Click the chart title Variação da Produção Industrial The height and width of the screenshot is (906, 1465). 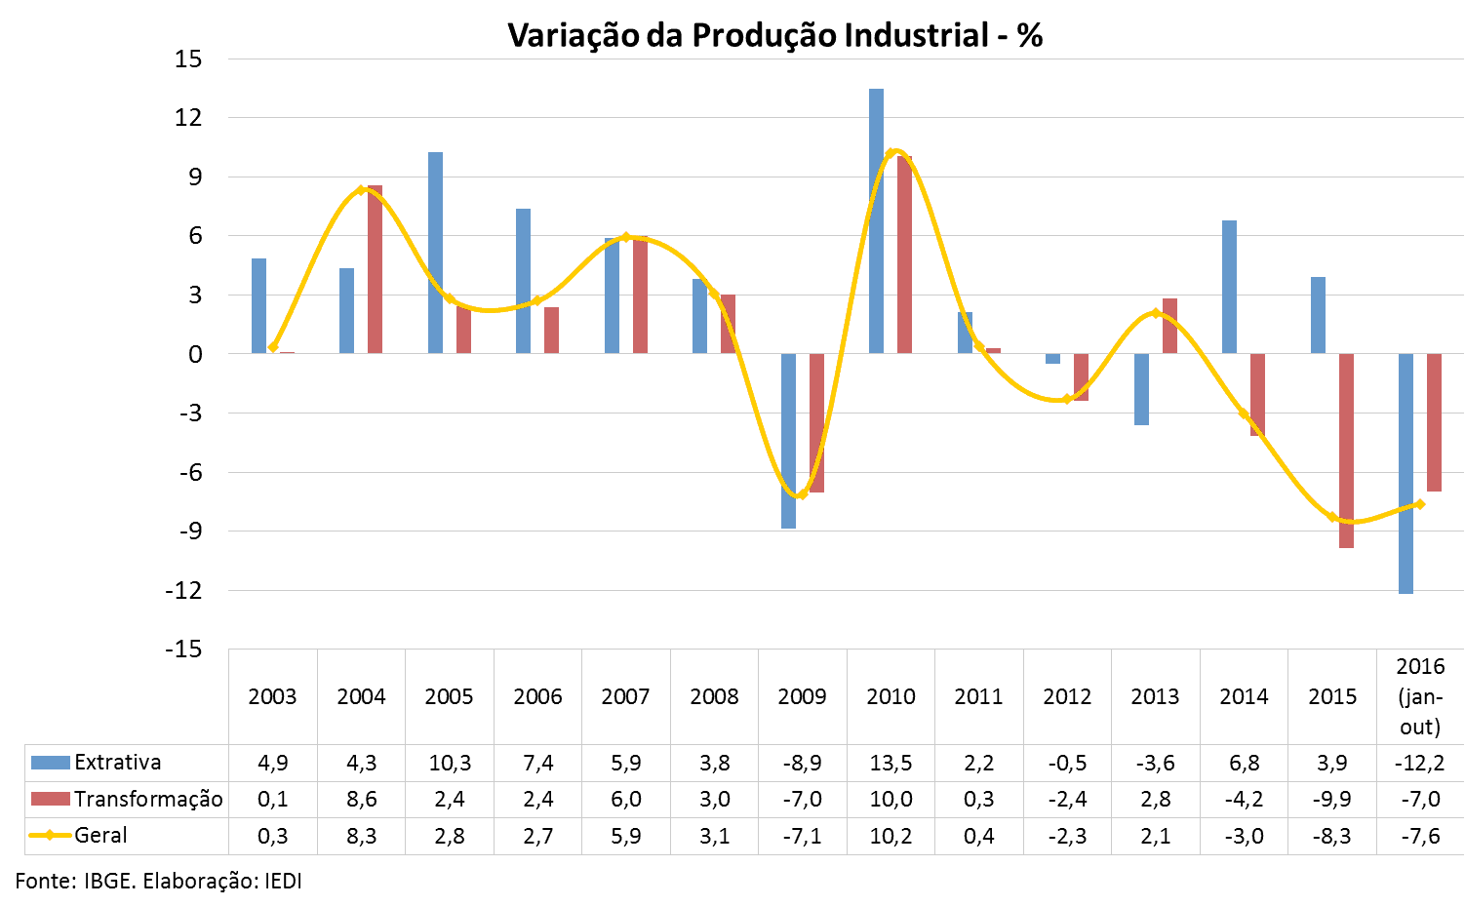[x=774, y=36]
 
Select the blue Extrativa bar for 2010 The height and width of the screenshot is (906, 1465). [x=876, y=220]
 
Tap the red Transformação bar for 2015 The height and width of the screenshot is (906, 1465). [x=1346, y=451]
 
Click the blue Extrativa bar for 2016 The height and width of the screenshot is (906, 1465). [x=1406, y=473]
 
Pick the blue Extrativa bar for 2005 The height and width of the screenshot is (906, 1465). [x=435, y=253]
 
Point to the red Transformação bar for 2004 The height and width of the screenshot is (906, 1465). [x=375, y=269]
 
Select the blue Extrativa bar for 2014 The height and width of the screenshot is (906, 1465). [x=1229, y=287]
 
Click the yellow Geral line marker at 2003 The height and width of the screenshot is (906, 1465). [x=273, y=347]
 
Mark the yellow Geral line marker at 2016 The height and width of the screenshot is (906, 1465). [x=1420, y=504]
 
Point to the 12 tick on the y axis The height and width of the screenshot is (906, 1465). [x=188, y=118]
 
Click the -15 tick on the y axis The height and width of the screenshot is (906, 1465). [x=183, y=650]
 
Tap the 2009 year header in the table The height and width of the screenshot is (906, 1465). [x=802, y=697]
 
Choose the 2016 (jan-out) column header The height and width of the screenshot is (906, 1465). [x=1420, y=696]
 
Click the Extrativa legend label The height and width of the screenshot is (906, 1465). [x=117, y=763]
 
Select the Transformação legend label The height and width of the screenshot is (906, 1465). [x=148, y=800]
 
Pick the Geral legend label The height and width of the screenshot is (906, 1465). [x=100, y=836]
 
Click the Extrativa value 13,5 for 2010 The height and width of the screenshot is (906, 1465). [x=891, y=763]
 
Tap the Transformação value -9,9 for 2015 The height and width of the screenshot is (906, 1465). [x=1331, y=800]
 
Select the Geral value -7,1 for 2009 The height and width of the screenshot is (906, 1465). [x=802, y=836]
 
